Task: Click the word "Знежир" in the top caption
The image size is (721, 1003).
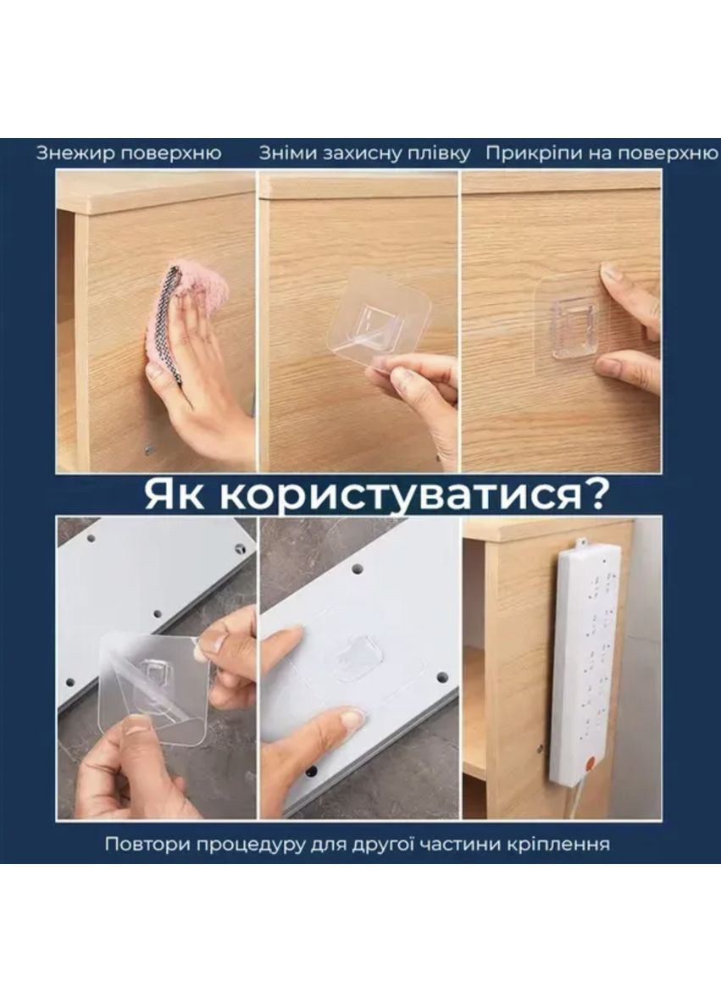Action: pyautogui.click(x=75, y=153)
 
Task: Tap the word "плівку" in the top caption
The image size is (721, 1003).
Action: pyautogui.click(x=440, y=153)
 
